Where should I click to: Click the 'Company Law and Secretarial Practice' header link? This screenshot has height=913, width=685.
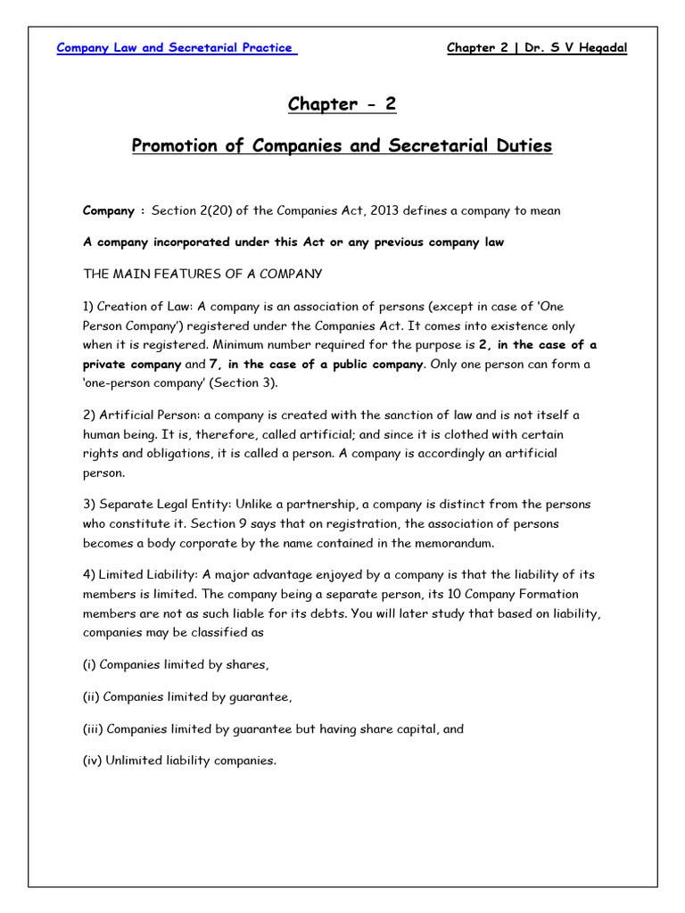tap(177, 48)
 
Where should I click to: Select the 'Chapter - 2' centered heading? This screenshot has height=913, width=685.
tap(342, 104)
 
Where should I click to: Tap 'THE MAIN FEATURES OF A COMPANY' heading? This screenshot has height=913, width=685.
tap(202, 273)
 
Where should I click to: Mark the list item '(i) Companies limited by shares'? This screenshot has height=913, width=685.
tap(176, 664)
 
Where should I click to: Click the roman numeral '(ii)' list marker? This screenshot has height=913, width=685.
tap(92, 696)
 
